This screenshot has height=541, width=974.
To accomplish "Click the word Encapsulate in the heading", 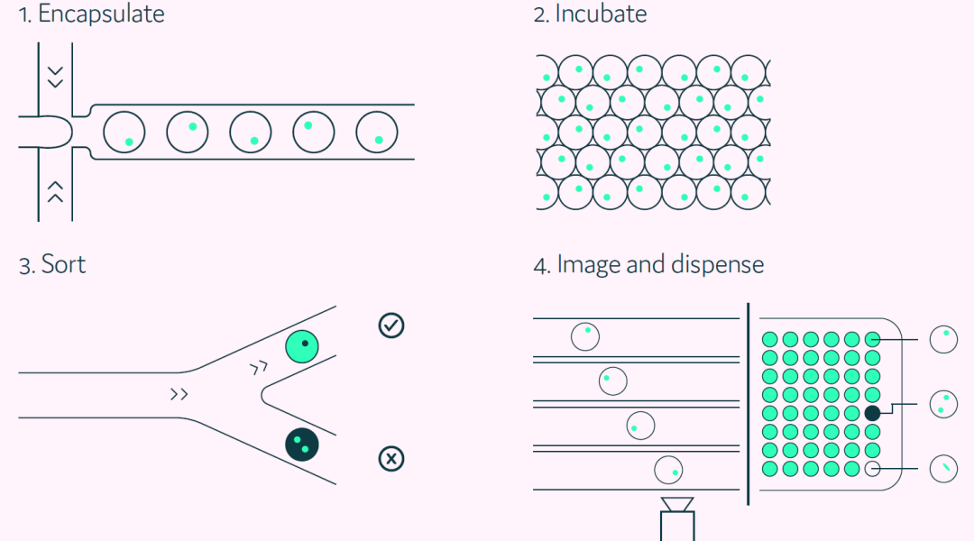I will (x=101, y=14).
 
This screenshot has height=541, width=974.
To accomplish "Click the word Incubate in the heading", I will (x=601, y=14).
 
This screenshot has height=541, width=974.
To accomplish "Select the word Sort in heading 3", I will (x=63, y=265).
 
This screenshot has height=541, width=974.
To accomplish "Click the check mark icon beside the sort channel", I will (x=391, y=326).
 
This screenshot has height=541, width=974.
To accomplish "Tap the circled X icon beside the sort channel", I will (x=391, y=459).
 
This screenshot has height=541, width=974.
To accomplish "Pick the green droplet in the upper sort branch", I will (x=302, y=347).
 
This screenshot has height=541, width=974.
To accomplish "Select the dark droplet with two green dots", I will (x=302, y=444).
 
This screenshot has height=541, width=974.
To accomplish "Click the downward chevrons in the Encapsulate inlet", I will (x=55, y=76).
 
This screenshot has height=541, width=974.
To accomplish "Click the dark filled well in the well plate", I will (x=872, y=413).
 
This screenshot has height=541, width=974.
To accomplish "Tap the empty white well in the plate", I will (x=872, y=469).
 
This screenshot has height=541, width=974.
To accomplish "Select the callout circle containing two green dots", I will (x=943, y=403).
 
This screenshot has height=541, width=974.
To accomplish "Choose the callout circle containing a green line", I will (x=943, y=468).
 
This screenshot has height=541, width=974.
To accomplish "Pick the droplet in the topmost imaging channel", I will (x=585, y=336).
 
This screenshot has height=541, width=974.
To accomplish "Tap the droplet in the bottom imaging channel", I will (x=668, y=470).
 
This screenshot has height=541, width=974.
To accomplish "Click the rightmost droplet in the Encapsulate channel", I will (x=376, y=133).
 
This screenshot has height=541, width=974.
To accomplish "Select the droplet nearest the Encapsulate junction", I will (x=124, y=133).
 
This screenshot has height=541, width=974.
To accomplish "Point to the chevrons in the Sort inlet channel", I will (x=179, y=394).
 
